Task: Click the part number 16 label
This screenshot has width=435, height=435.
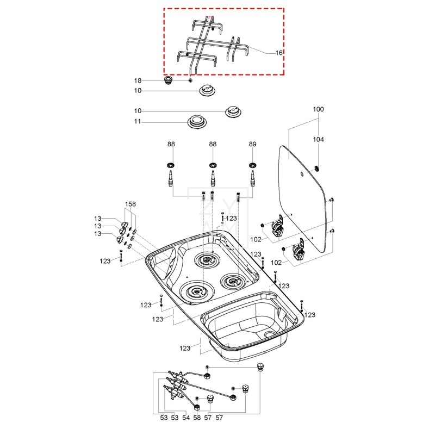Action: coord(279,53)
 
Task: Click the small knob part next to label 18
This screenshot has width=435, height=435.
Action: coord(169,80)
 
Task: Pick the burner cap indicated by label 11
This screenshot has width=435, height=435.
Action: coord(197,121)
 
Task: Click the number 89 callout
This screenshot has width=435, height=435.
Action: coord(252,144)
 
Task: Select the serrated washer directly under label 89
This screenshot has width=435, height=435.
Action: coord(252,165)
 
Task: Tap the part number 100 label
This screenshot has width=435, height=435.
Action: coord(318,109)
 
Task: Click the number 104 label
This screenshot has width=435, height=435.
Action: coord(318,140)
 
